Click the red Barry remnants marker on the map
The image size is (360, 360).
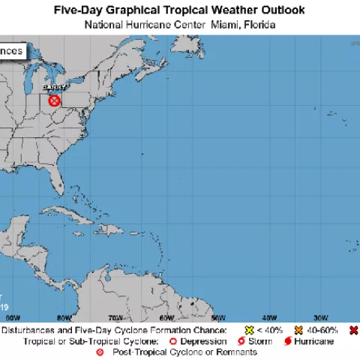(55, 100)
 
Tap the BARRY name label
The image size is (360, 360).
(55, 88)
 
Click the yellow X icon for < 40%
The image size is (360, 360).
(250, 330)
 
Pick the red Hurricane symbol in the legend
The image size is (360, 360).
(287, 340)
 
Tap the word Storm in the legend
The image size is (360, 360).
(260, 340)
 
